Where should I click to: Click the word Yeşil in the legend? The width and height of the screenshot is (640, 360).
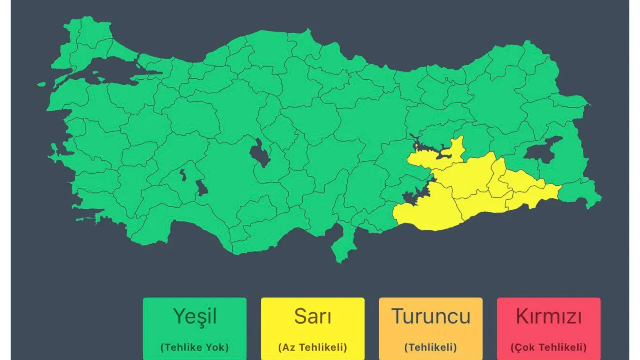[x=195, y=316]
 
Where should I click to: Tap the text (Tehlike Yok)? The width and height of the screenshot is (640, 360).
[x=195, y=347]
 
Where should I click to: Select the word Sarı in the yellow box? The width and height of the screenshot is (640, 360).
[x=313, y=316]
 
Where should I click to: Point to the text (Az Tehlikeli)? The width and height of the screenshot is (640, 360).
[x=313, y=347]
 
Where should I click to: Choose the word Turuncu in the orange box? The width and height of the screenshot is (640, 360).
[x=431, y=316]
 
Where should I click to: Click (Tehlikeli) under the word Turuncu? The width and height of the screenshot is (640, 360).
[x=431, y=347]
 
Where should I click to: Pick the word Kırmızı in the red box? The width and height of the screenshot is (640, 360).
[x=549, y=316]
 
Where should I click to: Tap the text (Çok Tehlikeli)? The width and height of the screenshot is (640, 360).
[x=549, y=347]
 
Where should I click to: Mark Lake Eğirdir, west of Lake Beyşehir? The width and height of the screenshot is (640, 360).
[x=183, y=175]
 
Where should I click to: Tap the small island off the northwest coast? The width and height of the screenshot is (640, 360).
[x=41, y=84]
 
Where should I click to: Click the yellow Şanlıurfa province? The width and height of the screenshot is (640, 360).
[x=426, y=208]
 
